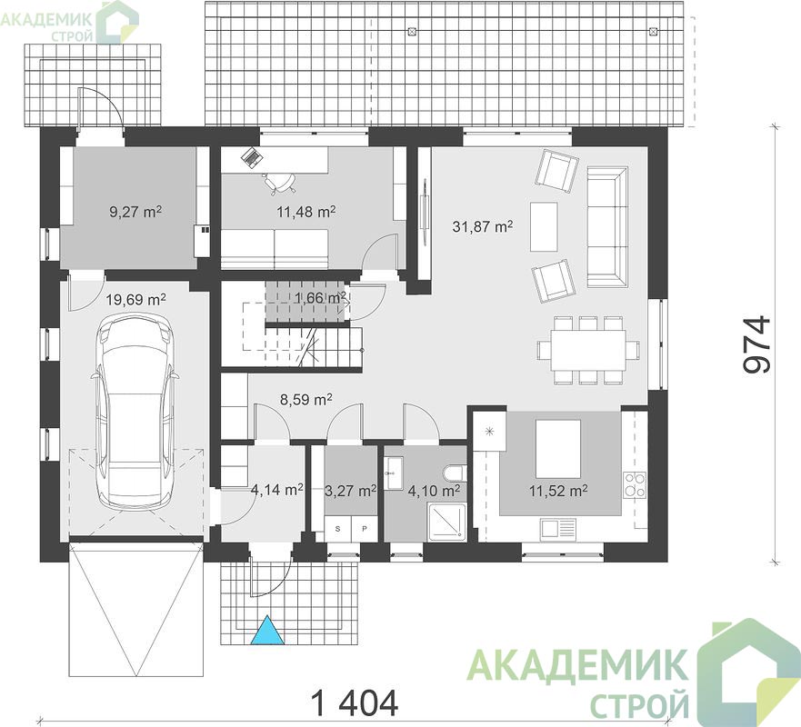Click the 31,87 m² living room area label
pyautogui.click(x=483, y=226)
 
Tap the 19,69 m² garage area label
pyautogui.click(x=135, y=299)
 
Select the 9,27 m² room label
pyautogui.click(x=135, y=211)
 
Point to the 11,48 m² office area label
pyautogui.click(x=306, y=211)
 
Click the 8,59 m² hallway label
pyautogui.click(x=306, y=399)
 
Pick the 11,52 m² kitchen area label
pyautogui.click(x=558, y=491)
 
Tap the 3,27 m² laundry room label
pyautogui.click(x=350, y=491)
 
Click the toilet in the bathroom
pyautogui.click(x=456, y=473)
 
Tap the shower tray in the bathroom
pyautogui.click(x=447, y=522)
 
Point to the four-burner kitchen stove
pyautogui.click(x=634, y=485)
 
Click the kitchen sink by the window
pyautogui.click(x=558, y=530)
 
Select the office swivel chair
pyautogui.click(x=279, y=183)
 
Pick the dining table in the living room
pyautogui.click(x=588, y=350)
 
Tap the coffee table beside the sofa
pyautogui.click(x=544, y=226)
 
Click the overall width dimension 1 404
pyautogui.click(x=354, y=703)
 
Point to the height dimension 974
pyautogui.click(x=756, y=344)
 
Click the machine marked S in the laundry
pyautogui.click(x=337, y=529)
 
